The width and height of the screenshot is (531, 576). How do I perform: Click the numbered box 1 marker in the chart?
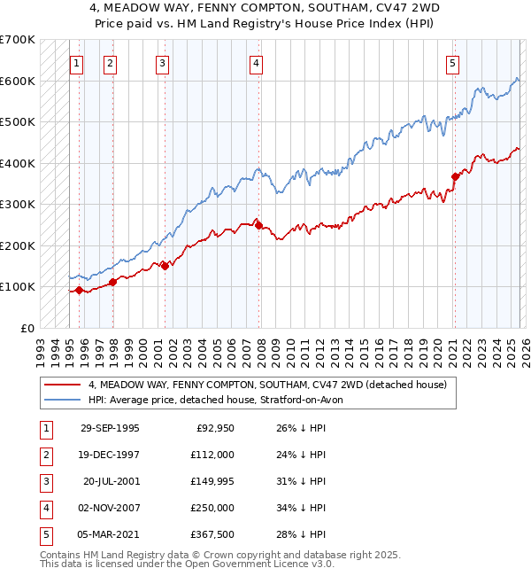pos(77,63)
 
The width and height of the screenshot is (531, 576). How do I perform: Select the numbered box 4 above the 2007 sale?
pos(255,63)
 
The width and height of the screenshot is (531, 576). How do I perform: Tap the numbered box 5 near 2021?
pos(452,63)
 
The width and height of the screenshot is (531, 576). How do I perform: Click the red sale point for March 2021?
pos(455,176)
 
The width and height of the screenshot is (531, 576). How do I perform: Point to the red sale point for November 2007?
pos(258,225)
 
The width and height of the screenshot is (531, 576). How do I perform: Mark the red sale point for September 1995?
pos(80,290)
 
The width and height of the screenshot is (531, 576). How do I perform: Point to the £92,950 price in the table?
pos(213,428)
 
